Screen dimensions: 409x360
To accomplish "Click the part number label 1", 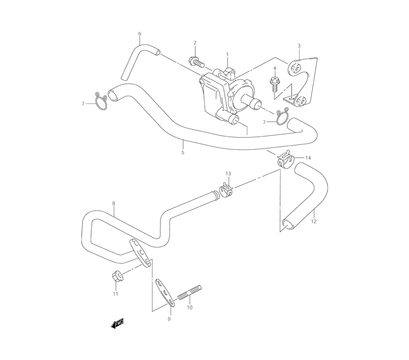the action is pyautogui.click(x=227, y=54).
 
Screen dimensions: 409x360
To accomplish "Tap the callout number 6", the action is pyautogui.click(x=139, y=34).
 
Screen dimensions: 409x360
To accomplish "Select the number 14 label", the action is pyautogui.click(x=308, y=158).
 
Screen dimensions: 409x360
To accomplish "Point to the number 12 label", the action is pyautogui.click(x=314, y=221).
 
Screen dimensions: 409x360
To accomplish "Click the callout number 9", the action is pyautogui.click(x=169, y=319).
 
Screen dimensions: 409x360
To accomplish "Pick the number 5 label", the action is pyautogui.click(x=183, y=153).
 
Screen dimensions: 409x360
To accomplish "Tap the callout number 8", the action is pyautogui.click(x=113, y=203).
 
